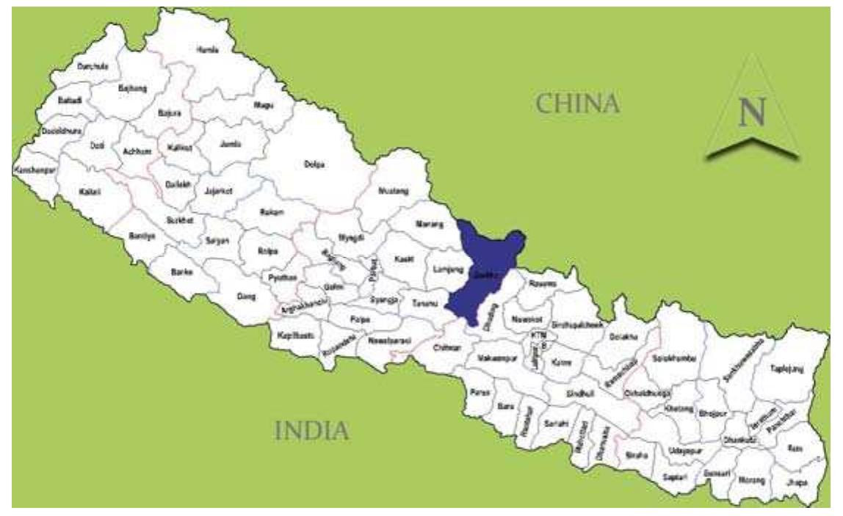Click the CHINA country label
coord(578,103)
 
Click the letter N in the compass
coord(752,113)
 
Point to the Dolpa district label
coord(314,164)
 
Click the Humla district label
coord(208,49)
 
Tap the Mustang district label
coord(392,191)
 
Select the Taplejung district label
coord(786,369)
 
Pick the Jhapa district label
coord(795,482)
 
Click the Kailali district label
coord(90,192)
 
